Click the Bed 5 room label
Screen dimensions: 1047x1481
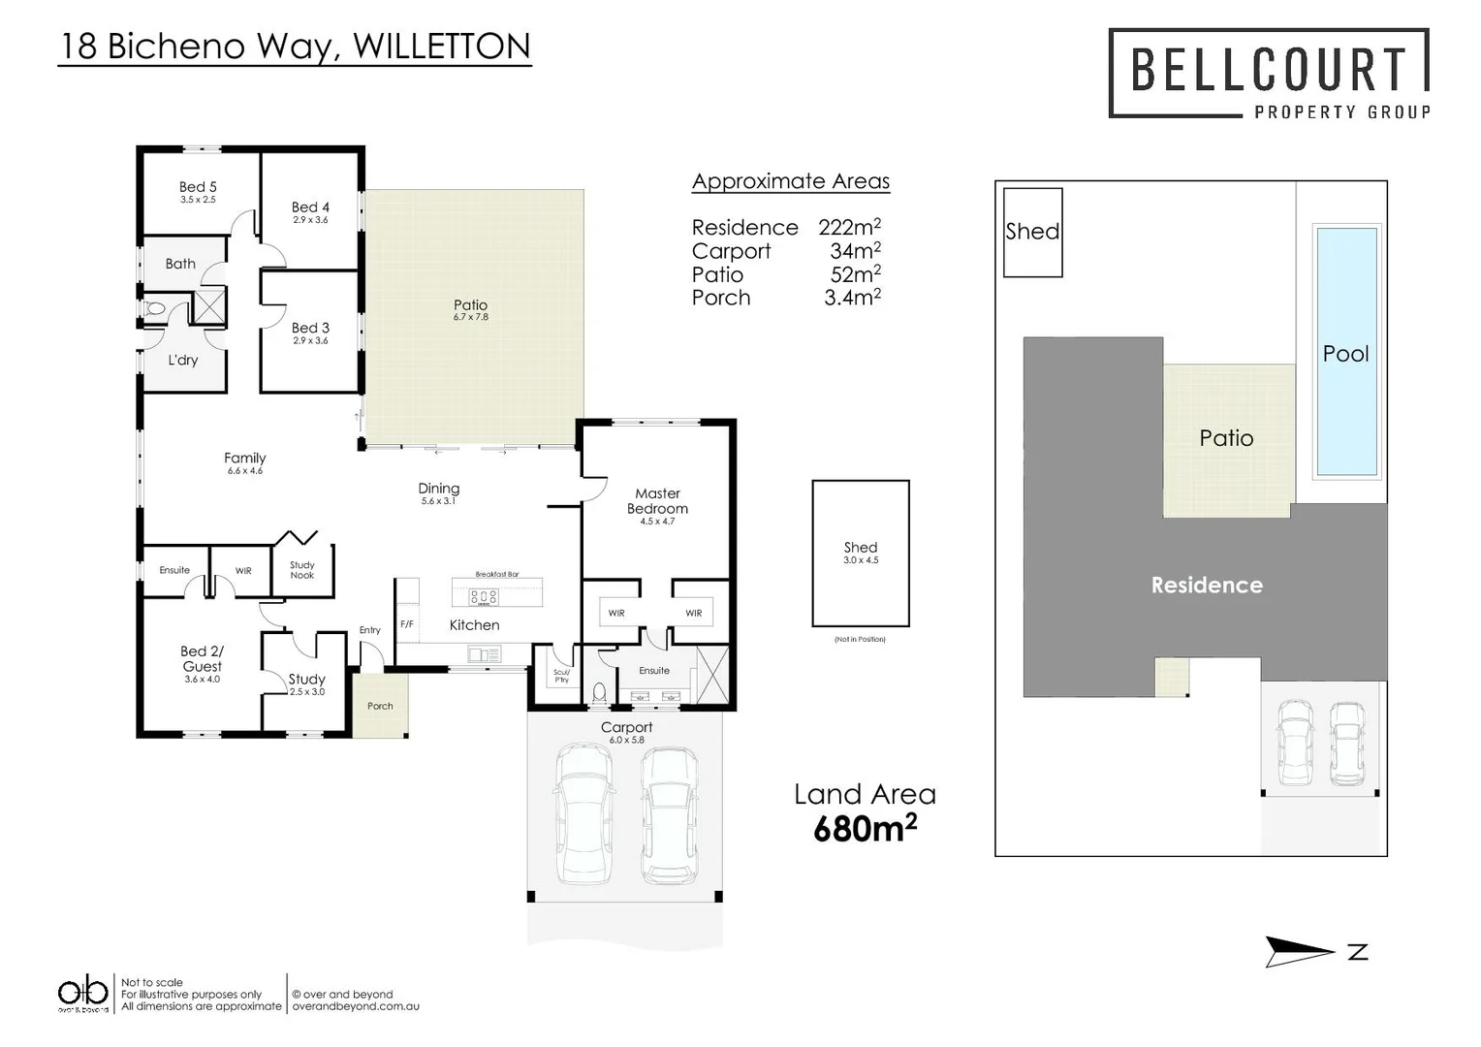coord(198,187)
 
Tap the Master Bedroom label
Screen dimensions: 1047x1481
coord(657,501)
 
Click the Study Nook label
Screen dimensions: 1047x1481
coord(302,570)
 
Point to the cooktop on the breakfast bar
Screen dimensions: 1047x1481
coord(484,597)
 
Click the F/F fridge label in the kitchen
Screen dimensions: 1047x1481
coord(407,624)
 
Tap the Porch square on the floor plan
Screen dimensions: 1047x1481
coord(380,706)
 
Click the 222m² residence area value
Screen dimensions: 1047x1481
coord(849,227)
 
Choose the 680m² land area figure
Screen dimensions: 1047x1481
coord(865,829)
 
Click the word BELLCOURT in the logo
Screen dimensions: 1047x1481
coord(1269,70)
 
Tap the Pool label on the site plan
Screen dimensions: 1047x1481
coord(1345,354)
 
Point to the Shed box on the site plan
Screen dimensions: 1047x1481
coord(1032,232)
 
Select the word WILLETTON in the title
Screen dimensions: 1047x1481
coord(442,46)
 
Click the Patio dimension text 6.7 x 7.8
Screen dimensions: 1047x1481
coord(471,317)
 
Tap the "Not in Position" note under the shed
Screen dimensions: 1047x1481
coord(860,640)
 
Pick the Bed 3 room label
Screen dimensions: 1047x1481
coord(310,328)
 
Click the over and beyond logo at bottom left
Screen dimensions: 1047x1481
coord(82,994)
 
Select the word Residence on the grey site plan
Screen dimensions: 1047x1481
coord(1207,585)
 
